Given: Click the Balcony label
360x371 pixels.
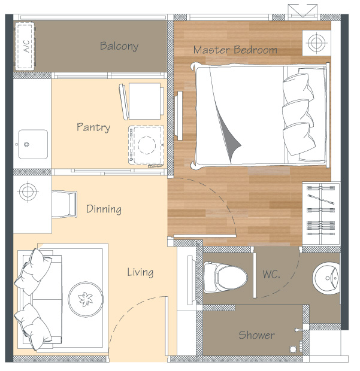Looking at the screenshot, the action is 119,46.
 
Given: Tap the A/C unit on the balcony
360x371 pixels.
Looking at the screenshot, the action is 25,46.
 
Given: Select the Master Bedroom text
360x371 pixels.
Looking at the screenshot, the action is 235,50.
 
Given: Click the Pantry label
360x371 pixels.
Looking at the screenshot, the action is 93,127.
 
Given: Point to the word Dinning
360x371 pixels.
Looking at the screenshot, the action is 104,209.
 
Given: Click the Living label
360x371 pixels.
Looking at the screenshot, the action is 140,272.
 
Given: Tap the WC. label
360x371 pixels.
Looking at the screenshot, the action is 271,274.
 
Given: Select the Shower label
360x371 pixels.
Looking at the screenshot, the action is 257,335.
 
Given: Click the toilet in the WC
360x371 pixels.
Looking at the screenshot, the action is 225,277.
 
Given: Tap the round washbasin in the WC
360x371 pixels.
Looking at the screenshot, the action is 326,278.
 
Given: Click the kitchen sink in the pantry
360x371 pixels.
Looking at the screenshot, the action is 33,144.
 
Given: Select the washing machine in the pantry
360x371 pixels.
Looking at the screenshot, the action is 146,145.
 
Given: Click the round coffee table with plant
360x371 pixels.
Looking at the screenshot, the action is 86,299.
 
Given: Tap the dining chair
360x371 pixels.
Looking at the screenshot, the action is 64,204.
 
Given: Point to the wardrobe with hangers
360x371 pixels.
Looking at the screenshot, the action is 321,214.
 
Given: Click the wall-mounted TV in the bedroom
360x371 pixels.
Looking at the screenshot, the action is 179,115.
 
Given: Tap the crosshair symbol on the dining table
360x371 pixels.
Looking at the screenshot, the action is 28,191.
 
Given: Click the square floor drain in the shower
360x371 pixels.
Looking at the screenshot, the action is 293,349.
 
